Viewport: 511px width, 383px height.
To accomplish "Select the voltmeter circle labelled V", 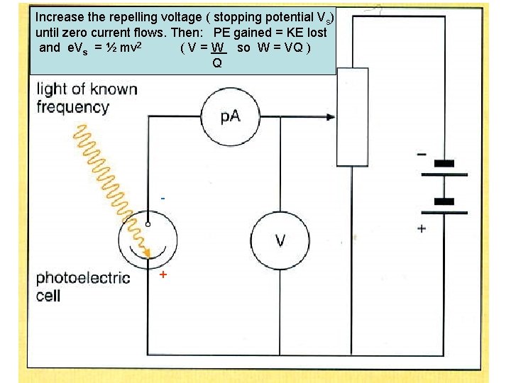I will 280,240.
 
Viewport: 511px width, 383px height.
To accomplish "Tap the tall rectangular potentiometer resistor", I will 352,117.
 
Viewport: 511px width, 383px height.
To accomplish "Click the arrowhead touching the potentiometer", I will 331,118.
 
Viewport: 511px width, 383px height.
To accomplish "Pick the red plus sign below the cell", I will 163,274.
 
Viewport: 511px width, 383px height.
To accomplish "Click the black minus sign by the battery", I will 422,152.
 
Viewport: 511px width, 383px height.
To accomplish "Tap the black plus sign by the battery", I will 422,228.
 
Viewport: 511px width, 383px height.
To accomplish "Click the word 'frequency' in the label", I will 72,108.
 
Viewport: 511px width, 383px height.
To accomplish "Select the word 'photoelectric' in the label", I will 83,277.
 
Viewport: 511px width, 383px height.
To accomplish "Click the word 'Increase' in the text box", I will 59,16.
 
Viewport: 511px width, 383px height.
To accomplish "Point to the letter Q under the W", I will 216,62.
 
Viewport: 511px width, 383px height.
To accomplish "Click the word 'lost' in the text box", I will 316,32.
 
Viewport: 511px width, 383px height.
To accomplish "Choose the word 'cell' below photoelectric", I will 48,295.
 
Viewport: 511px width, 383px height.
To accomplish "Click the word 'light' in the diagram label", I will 52,89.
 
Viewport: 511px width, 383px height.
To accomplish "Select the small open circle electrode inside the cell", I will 148,224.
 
